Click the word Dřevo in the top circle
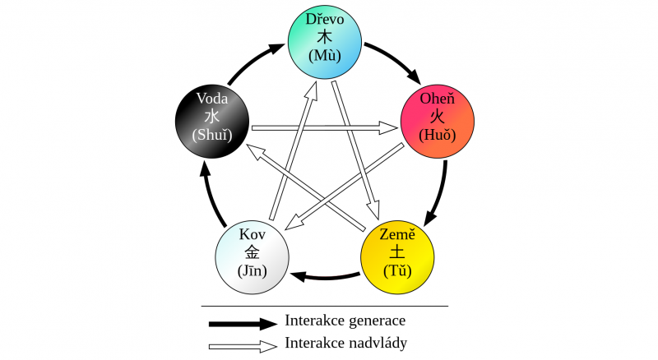click(x=325, y=19)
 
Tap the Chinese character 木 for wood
click(x=324, y=37)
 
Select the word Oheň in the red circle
click(x=438, y=99)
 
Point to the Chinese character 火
click(x=437, y=116)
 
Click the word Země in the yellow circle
click(x=397, y=234)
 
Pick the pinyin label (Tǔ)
click(x=397, y=270)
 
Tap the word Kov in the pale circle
click(x=253, y=234)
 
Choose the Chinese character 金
click(x=253, y=252)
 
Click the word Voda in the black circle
click(x=212, y=99)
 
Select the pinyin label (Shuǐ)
click(x=212, y=135)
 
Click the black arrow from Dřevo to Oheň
click(x=395, y=60)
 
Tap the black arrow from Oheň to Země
click(x=439, y=194)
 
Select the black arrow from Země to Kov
click(x=324, y=277)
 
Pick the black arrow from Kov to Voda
click(x=212, y=196)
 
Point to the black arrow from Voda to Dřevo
click(x=255, y=62)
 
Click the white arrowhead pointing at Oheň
click(x=389, y=127)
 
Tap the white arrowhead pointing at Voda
click(x=255, y=151)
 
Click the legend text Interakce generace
click(x=345, y=321)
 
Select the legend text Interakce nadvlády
click(x=345, y=343)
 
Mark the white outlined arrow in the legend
click(x=243, y=346)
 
